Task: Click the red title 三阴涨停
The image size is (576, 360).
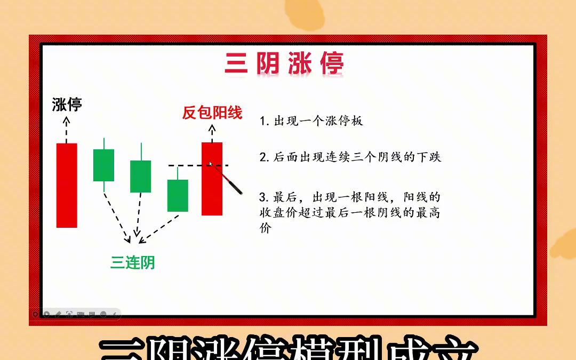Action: [284, 64]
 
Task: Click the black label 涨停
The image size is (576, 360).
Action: [67, 104]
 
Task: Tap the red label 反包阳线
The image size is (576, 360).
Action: [212, 113]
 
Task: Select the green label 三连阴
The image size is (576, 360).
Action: [132, 262]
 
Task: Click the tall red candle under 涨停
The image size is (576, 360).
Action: [67, 185]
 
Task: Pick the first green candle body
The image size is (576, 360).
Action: [103, 165]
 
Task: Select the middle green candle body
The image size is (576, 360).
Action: [140, 177]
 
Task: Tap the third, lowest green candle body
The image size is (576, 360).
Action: [178, 195]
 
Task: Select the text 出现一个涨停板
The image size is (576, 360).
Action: [318, 121]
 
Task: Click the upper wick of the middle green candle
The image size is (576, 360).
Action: [141, 151]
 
